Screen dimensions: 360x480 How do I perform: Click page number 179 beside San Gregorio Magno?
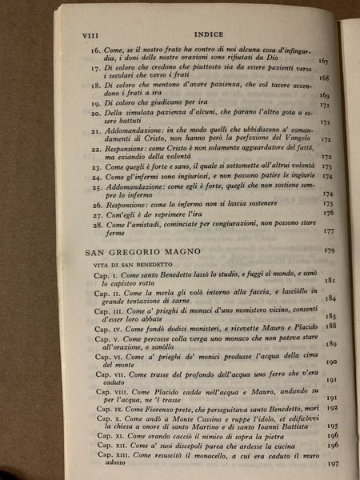point(326,252)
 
